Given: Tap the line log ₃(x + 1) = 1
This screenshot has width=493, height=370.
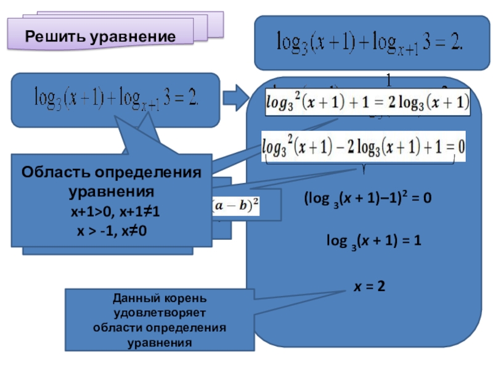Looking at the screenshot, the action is click(x=373, y=242).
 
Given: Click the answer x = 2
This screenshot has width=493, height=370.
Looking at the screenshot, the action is click(x=369, y=286).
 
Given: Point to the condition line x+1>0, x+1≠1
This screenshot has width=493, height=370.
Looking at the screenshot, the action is click(x=115, y=215).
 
